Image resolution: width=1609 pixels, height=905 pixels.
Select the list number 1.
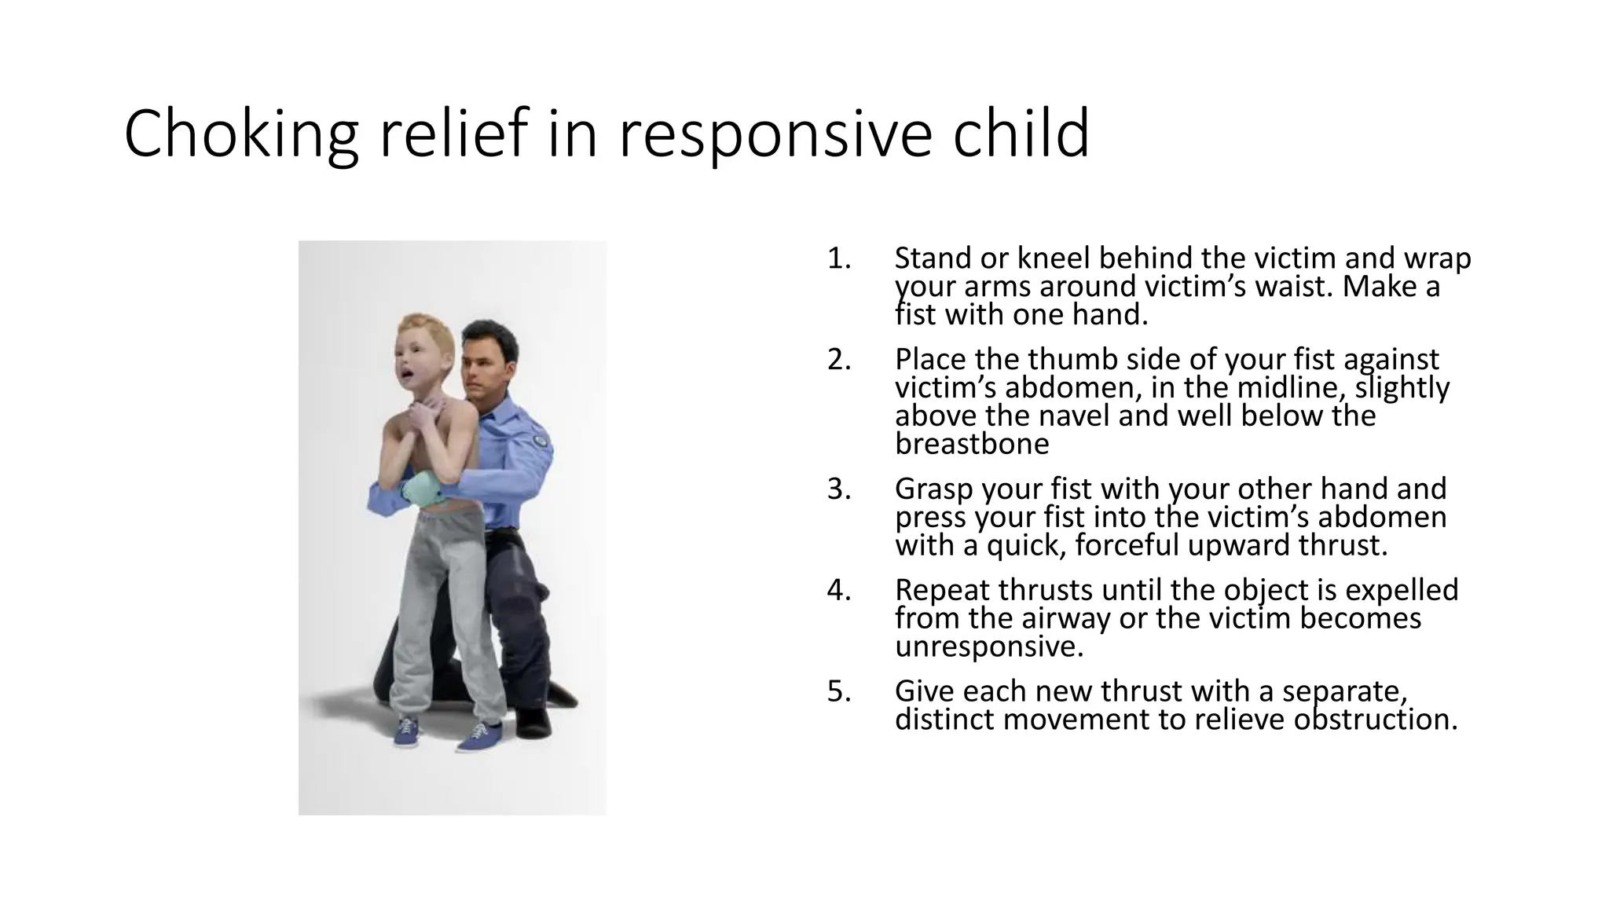tap(839, 258)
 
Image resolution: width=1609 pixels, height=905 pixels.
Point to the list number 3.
tap(839, 489)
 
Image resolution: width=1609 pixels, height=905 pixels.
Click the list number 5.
tap(839, 691)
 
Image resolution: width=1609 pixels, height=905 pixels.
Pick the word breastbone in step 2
tap(972, 445)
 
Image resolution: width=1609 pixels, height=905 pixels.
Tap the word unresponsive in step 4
tap(989, 647)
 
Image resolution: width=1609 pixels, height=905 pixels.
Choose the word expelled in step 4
tap(1403, 590)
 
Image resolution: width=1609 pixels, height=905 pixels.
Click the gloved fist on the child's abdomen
tap(425, 492)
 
